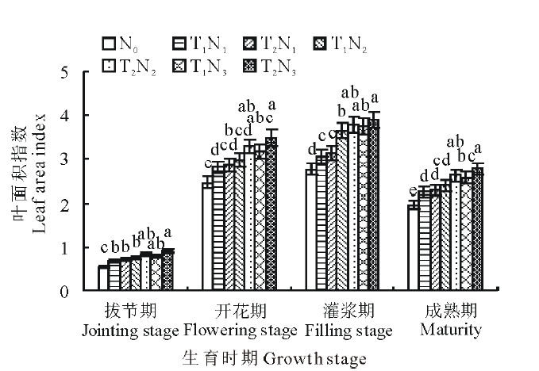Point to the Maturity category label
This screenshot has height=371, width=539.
pyautogui.click(x=450, y=329)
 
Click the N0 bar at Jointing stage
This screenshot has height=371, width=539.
pyautogui.click(x=103, y=278)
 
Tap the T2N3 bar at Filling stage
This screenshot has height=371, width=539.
pyautogui.click(x=374, y=206)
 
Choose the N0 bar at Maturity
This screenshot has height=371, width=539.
pyautogui.click(x=413, y=247)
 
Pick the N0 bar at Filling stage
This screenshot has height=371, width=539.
pyautogui.click(x=310, y=229)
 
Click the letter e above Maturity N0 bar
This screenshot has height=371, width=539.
pyautogui.click(x=412, y=191)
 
